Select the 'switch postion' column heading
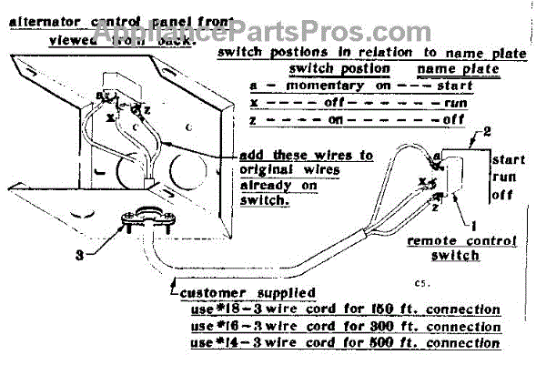(x=339, y=69)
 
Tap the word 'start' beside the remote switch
(x=508, y=159)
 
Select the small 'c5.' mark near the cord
(x=421, y=283)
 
